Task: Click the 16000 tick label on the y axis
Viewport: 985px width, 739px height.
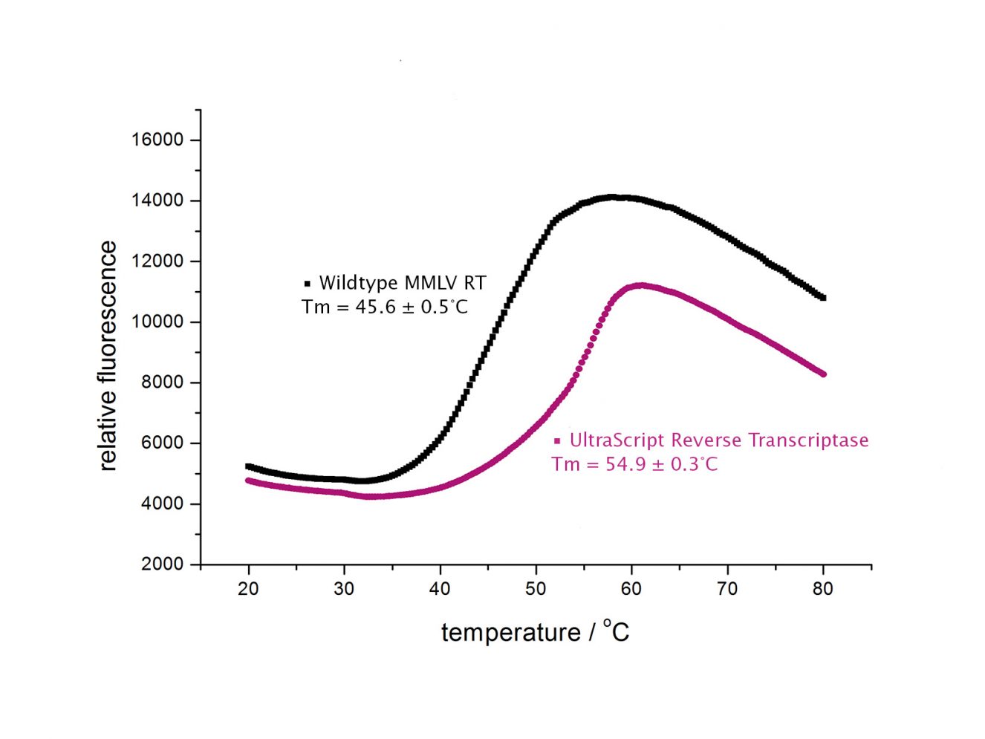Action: click(157, 140)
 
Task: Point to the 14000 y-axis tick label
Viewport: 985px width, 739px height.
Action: click(157, 201)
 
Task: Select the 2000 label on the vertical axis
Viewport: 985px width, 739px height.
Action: click(162, 564)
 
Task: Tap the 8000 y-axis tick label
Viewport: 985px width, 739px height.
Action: click(162, 382)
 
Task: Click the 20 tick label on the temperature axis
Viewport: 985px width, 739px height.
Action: click(248, 589)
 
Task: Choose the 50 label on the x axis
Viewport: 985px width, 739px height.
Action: click(536, 589)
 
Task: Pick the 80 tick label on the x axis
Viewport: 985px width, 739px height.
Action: click(822, 589)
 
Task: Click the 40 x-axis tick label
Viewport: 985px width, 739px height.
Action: click(440, 589)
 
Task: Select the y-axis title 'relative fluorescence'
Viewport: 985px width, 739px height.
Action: click(108, 356)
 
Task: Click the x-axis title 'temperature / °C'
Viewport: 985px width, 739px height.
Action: click(535, 632)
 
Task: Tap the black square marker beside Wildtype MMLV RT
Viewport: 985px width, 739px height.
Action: click(307, 284)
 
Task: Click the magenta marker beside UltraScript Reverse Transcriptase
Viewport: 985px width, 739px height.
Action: click(557, 441)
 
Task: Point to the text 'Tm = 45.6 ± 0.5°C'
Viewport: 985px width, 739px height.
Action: click(385, 307)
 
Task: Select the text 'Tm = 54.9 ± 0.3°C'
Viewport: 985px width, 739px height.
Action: click(634, 464)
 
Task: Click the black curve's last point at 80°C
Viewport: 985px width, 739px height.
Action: click(822, 298)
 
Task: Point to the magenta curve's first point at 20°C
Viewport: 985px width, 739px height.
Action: click(248, 481)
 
